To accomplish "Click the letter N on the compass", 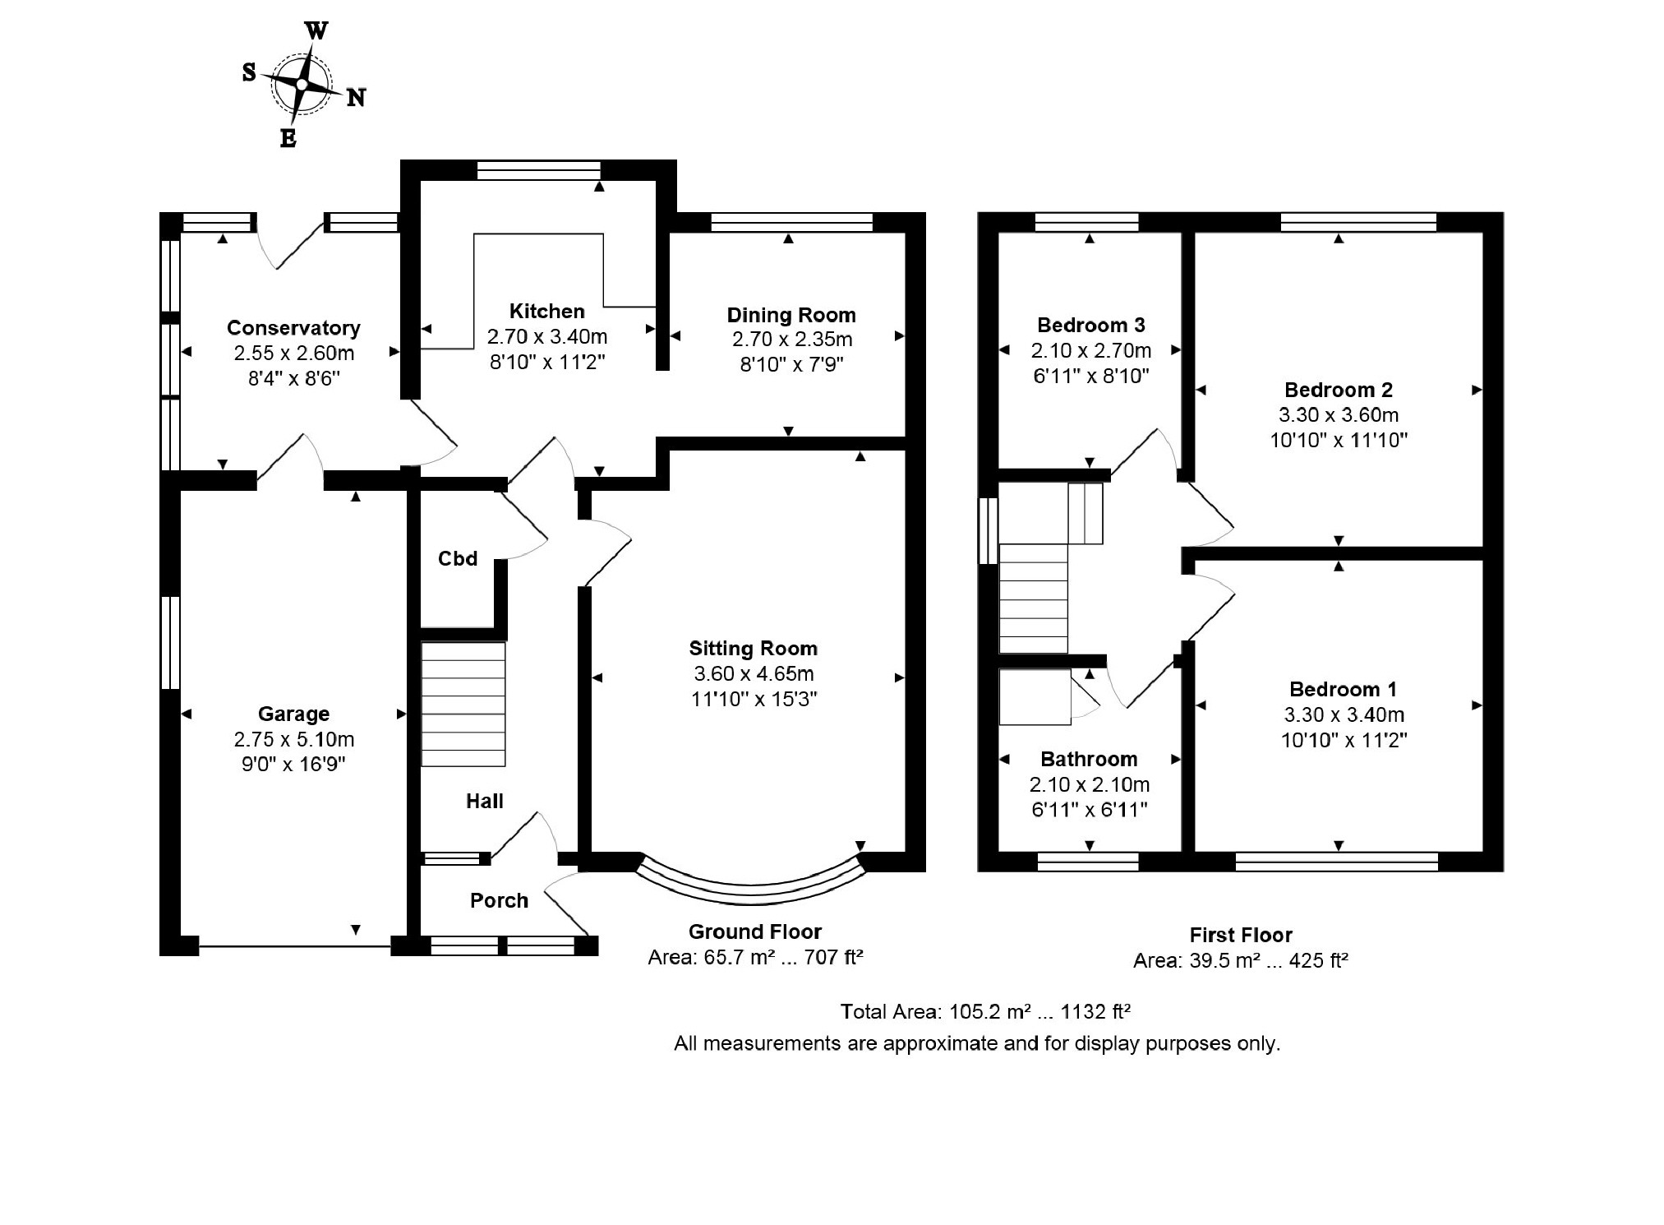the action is [x=356, y=98].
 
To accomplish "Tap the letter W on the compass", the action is [x=316, y=31].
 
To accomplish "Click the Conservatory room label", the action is [x=293, y=328].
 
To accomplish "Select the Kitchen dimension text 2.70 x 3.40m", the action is [x=547, y=336].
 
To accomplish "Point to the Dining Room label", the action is [x=791, y=315].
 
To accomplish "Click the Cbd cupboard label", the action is [x=458, y=559].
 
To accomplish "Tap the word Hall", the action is [x=485, y=802].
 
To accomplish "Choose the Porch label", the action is [x=499, y=900].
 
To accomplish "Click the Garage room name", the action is [x=293, y=714].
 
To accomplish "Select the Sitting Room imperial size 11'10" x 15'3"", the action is [x=754, y=699].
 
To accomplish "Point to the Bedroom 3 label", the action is [x=1090, y=325].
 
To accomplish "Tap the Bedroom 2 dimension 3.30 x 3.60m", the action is [x=1339, y=415].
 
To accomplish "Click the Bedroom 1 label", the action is [x=1343, y=689].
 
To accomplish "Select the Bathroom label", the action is [x=1089, y=759].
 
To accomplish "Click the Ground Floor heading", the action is [x=755, y=931].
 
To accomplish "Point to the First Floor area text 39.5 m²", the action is [x=1225, y=960].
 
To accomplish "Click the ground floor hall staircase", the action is [x=463, y=705].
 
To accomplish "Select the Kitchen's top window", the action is [x=539, y=170].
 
